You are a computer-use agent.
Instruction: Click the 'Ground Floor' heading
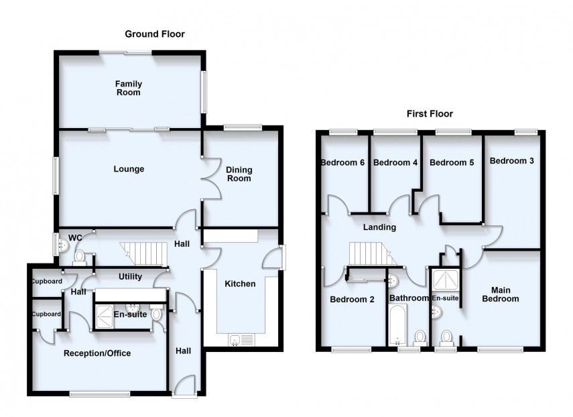(154, 34)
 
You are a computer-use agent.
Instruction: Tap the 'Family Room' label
(128, 88)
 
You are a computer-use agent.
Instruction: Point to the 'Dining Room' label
(239, 174)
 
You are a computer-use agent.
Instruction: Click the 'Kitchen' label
(240, 284)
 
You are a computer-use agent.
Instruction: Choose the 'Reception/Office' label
(97, 353)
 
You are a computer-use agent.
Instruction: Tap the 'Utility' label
(130, 276)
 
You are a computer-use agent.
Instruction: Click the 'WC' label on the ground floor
(75, 238)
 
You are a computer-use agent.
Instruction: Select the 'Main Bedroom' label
(500, 294)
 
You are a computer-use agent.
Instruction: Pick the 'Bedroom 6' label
(342, 162)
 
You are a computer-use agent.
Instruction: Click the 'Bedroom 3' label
(511, 161)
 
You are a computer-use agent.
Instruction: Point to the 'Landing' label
(380, 227)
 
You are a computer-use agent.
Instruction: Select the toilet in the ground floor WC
(79, 256)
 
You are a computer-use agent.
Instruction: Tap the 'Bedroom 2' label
(352, 300)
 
